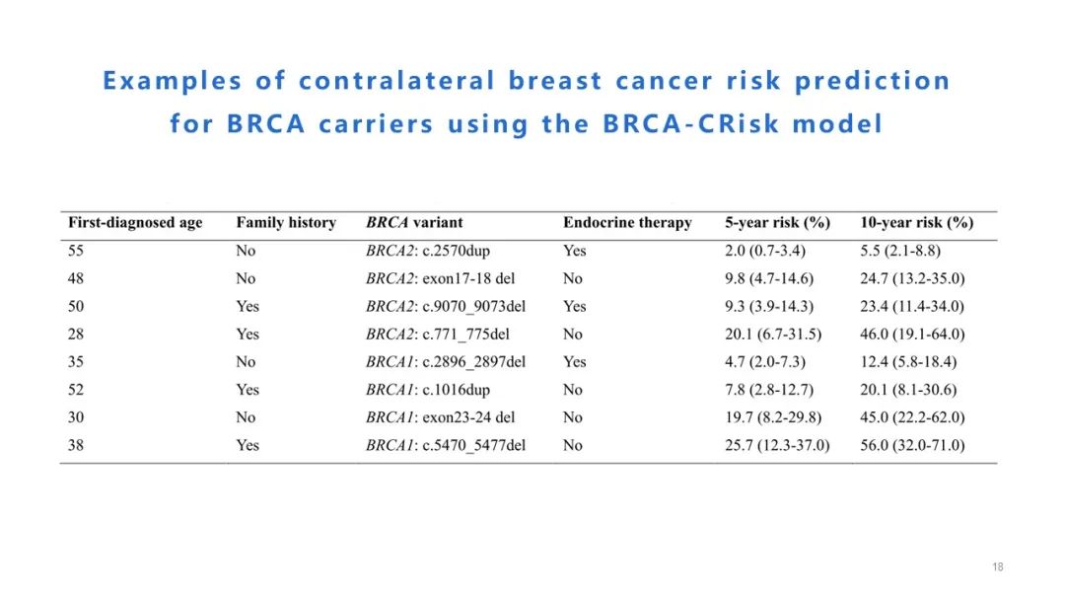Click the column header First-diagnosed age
(x=135, y=223)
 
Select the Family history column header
(x=286, y=223)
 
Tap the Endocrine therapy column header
(x=627, y=223)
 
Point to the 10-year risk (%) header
(x=916, y=223)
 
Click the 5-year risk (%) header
(x=777, y=223)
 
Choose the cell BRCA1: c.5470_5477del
(x=446, y=445)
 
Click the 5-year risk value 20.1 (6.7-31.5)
(x=773, y=335)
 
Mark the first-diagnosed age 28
(x=76, y=335)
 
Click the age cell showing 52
(x=76, y=390)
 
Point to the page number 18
(x=998, y=567)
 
